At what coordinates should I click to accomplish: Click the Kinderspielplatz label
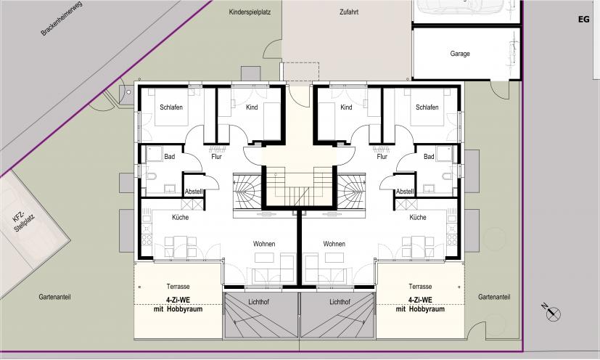250,12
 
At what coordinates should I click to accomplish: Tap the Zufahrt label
349,12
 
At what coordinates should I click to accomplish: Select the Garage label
460,54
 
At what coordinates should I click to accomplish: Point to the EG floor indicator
584,19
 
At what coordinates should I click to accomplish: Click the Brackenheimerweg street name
62,18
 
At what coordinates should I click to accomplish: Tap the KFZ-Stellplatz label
24,222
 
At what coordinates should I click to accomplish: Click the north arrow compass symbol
552,312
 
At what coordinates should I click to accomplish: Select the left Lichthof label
259,302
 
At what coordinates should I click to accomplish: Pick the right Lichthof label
340,302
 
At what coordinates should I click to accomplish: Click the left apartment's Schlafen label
171,107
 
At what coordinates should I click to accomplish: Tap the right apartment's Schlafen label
427,107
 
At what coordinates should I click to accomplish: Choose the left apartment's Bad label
170,156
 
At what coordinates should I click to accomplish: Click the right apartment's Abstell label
405,191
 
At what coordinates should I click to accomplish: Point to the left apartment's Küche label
180,217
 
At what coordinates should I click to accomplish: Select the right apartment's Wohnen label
334,244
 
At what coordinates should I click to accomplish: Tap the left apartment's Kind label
252,107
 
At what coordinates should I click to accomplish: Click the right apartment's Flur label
382,156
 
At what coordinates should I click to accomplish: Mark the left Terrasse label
178,287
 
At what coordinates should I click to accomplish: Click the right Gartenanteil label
494,297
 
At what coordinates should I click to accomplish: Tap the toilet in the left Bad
151,176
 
